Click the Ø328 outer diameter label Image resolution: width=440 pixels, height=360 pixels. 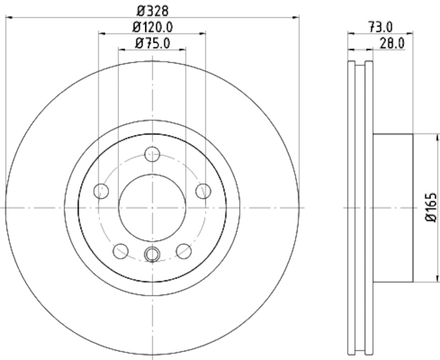[152, 10]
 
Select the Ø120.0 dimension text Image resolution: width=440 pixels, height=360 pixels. [152, 26]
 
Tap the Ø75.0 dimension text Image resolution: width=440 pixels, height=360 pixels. [152, 42]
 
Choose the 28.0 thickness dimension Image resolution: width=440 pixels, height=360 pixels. [392, 42]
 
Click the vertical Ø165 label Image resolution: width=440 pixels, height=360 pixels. [431, 208]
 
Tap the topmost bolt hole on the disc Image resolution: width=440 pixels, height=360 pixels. [152, 154]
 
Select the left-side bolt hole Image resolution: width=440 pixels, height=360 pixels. [101, 191]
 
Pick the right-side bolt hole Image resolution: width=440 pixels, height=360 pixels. [204, 191]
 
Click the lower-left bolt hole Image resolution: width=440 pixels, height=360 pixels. [120, 252]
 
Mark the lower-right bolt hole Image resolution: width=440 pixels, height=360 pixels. [184, 252]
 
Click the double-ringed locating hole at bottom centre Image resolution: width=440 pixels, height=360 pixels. [152, 254]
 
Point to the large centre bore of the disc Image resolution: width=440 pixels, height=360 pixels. [152, 208]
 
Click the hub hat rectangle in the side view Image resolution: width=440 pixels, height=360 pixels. [393, 208]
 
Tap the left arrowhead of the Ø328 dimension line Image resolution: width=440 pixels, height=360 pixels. [8, 18]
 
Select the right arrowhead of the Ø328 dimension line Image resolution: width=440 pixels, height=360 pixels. [297, 18]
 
